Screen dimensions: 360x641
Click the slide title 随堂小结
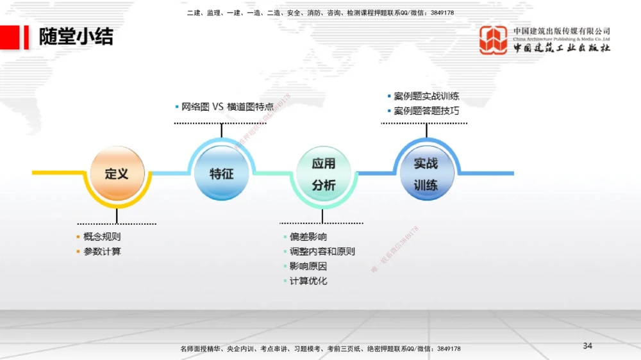click(76, 37)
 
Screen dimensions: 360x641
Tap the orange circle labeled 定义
click(117, 174)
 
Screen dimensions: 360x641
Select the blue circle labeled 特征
click(221, 173)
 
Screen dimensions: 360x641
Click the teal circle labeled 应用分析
click(324, 175)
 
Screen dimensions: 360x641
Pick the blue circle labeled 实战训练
click(426, 174)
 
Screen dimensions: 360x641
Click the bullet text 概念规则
click(102, 237)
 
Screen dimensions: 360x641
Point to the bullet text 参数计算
click(102, 252)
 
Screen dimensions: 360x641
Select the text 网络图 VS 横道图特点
click(227, 107)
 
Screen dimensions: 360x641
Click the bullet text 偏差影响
click(308, 237)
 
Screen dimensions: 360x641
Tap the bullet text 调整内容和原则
click(322, 252)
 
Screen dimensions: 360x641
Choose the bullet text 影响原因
click(308, 266)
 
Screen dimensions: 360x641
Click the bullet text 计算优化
click(308, 281)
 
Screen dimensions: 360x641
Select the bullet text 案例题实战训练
click(426, 96)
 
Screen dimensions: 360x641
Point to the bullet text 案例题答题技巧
click(426, 111)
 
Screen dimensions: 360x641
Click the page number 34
click(588, 346)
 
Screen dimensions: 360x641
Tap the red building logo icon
click(494, 40)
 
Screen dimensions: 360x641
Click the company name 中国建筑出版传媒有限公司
click(562, 31)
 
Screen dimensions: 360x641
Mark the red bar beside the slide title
click(26, 37)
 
